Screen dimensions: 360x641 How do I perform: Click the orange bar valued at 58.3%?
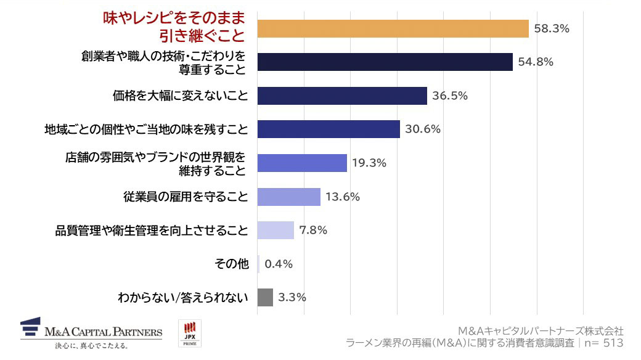(393, 29)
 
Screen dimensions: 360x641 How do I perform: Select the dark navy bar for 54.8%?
(385, 62)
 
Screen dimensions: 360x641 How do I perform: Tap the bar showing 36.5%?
(341, 96)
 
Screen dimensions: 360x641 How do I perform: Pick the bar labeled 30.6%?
(328, 129)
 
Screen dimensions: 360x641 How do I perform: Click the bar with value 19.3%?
(301, 163)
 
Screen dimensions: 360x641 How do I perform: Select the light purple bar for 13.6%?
(288, 197)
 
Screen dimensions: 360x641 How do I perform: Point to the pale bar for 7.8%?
(275, 231)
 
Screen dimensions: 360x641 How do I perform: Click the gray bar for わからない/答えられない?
(264, 298)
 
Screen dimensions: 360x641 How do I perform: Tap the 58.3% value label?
(551, 29)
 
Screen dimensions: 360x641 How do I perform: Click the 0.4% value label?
(278, 264)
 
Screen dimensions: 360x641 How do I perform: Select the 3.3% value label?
(292, 298)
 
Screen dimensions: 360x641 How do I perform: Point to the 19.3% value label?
(369, 163)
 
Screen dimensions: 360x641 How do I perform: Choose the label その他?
(231, 264)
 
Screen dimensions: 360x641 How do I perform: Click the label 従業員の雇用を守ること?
(186, 197)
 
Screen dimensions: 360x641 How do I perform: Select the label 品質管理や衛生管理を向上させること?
(152, 231)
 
